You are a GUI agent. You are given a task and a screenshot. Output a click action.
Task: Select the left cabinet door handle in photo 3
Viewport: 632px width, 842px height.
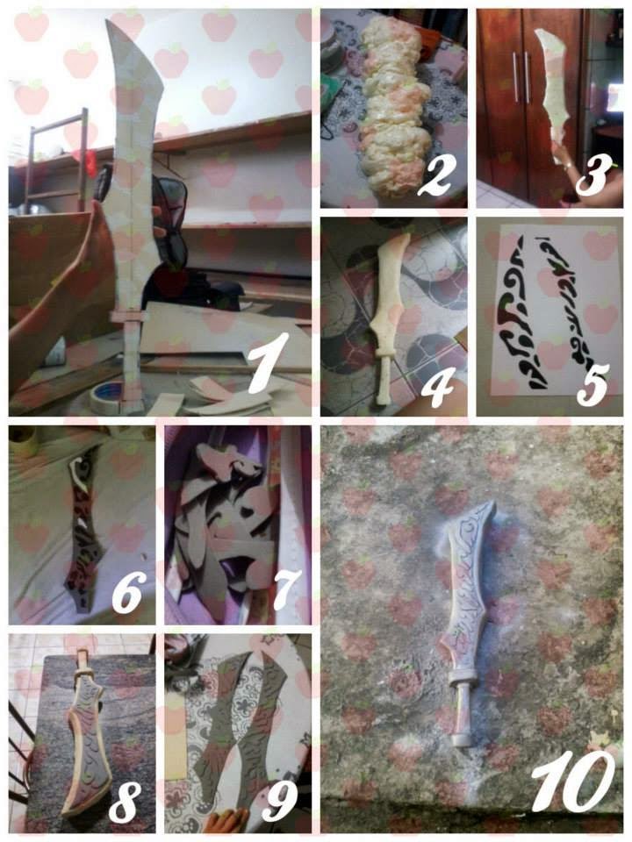pyautogui.click(x=515, y=76)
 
